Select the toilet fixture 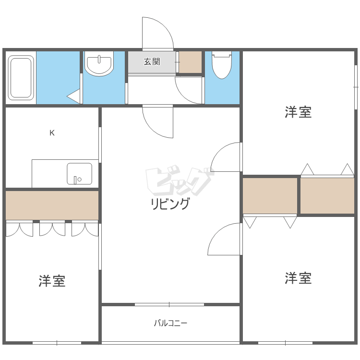[221, 65]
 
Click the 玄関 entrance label [152, 62]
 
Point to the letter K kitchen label [52, 133]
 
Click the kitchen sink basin [79, 173]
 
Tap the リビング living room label [170, 204]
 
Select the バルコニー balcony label [170, 323]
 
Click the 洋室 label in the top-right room [298, 112]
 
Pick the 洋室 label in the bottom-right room [298, 278]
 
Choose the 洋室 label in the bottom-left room [52, 281]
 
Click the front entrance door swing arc [157, 34]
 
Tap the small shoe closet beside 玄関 [190, 62]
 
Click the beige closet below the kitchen [52, 205]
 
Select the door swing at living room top [156, 121]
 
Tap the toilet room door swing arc [189, 90]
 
